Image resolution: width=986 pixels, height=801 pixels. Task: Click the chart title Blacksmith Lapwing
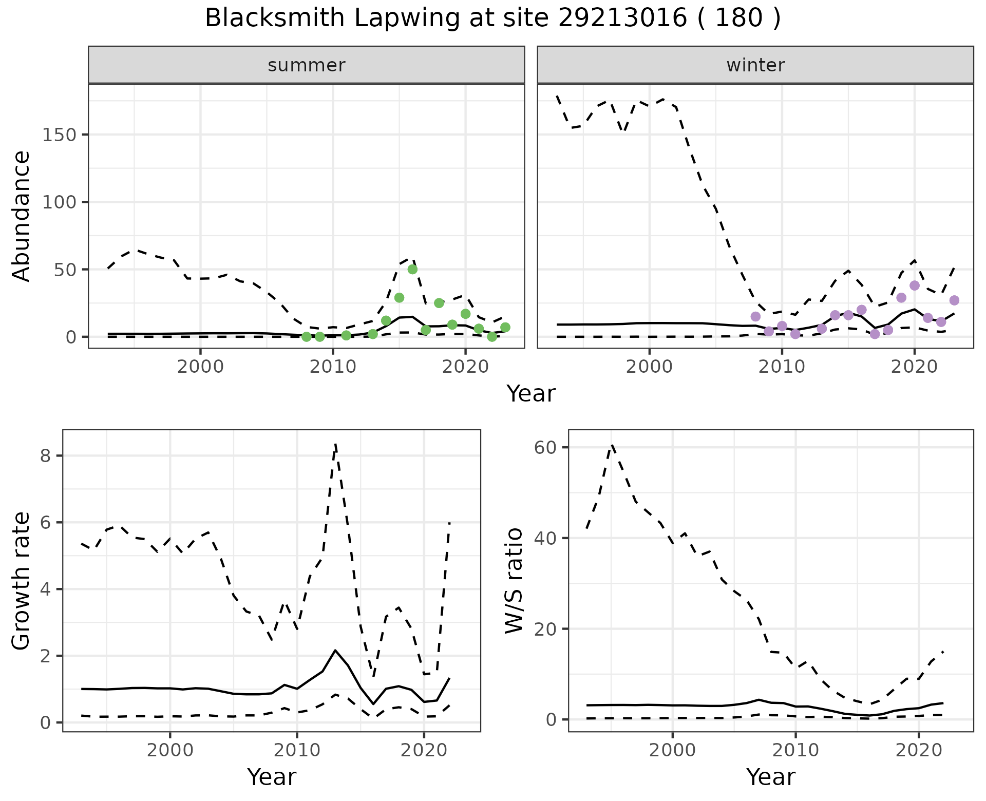[x=492, y=18]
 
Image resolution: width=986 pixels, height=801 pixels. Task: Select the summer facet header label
[x=307, y=65]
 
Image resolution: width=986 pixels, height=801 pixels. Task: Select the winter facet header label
[x=755, y=65]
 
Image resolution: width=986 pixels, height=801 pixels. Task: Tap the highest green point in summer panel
[x=412, y=269]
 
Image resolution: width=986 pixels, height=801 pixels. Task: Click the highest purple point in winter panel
[x=914, y=285]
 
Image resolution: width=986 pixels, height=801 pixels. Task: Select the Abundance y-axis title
[x=22, y=216]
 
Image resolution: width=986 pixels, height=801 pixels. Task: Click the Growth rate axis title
[x=22, y=580]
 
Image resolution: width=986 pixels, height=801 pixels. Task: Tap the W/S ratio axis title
[x=514, y=580]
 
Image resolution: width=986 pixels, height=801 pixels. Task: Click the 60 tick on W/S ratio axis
[x=545, y=447]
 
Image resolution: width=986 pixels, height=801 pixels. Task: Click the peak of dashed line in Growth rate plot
[x=335, y=444]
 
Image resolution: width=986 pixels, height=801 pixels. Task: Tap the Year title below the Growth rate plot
[x=272, y=777]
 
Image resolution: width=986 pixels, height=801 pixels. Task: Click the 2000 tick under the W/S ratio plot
[x=672, y=750]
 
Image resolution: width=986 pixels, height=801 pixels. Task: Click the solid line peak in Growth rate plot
[x=335, y=651]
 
